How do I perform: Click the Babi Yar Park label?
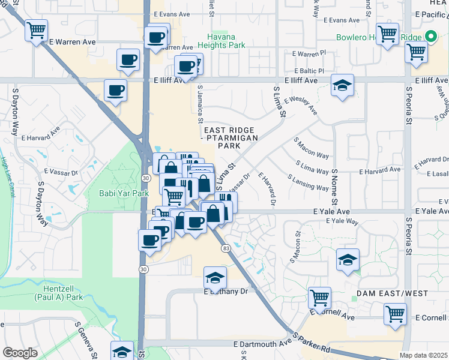(124, 193)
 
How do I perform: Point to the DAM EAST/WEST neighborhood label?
(392, 293)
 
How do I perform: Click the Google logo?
(20, 353)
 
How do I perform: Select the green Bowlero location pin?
(430, 37)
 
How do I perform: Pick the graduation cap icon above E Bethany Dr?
(215, 277)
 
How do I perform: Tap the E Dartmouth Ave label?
(262, 344)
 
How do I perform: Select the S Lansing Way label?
(308, 182)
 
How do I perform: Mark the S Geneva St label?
(86, 340)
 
